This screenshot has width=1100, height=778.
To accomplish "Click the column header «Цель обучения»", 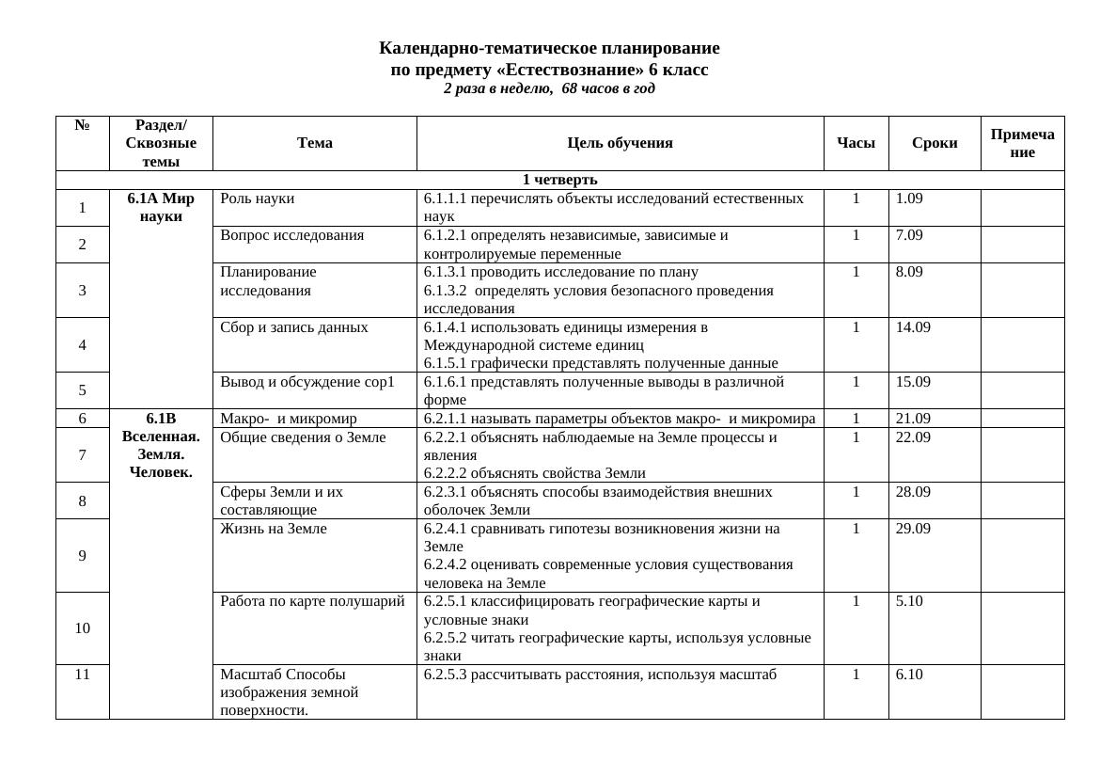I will [x=620, y=143].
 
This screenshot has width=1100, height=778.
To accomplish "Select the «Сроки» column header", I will [x=935, y=143].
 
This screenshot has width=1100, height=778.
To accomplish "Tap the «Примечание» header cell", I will [x=1022, y=143].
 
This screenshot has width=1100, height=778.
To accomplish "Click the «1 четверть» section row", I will [x=559, y=180].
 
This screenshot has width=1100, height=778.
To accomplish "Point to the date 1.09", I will [x=909, y=198].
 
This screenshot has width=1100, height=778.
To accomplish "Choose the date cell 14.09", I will [x=913, y=327].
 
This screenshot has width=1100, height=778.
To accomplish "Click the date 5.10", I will [x=909, y=601].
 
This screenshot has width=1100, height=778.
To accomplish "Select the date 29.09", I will [x=913, y=529].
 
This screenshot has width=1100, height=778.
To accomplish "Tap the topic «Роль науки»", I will [x=257, y=198].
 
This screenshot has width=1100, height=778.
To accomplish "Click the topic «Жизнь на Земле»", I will [x=273, y=529].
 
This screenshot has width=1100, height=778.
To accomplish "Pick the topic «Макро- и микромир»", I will [x=288, y=419].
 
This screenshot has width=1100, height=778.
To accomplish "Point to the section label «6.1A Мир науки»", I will [x=161, y=208].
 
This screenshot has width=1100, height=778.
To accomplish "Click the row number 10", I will [x=83, y=628].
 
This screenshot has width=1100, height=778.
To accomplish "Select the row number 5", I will [x=83, y=390].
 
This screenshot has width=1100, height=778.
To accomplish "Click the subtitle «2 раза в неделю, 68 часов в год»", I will [x=549, y=89].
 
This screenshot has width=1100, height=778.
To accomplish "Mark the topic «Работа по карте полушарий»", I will [x=312, y=601].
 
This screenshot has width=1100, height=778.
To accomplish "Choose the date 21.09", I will [x=913, y=419].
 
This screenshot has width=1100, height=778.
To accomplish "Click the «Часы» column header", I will [x=856, y=143].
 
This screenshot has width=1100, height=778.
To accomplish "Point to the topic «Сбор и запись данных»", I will [x=293, y=327].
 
